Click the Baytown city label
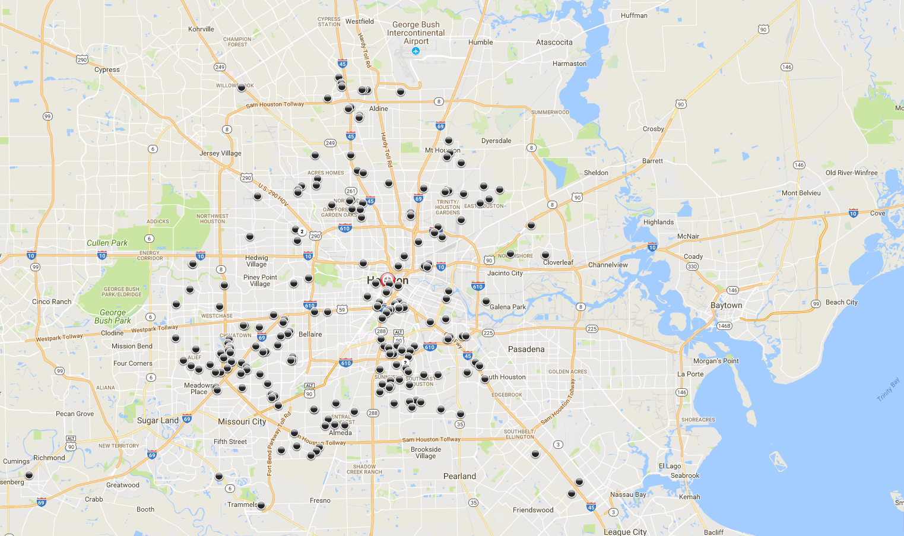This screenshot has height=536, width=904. click(726, 305)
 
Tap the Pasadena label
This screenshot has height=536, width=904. click(526, 349)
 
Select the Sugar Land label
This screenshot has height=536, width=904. click(157, 420)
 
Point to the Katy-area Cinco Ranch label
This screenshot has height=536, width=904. click(52, 302)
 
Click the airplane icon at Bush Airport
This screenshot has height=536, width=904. click(415, 51)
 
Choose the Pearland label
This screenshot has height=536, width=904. click(459, 476)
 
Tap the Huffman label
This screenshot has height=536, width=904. click(634, 15)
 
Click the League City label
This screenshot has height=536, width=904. click(625, 532)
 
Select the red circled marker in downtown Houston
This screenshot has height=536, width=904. click(388, 280)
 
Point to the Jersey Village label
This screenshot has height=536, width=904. click(220, 153)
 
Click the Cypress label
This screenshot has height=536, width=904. click(107, 69)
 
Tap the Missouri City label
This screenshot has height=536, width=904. click(242, 421)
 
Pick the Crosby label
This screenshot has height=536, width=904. click(653, 129)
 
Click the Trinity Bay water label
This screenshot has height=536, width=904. click(888, 389)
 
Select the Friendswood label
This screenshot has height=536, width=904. click(533, 510)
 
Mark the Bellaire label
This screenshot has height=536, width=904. click(310, 334)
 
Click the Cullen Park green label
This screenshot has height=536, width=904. click(107, 243)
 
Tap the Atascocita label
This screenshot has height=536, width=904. click(554, 42)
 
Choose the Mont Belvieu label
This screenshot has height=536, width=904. click(801, 193)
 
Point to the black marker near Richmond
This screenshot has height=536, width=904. click(29, 475)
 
